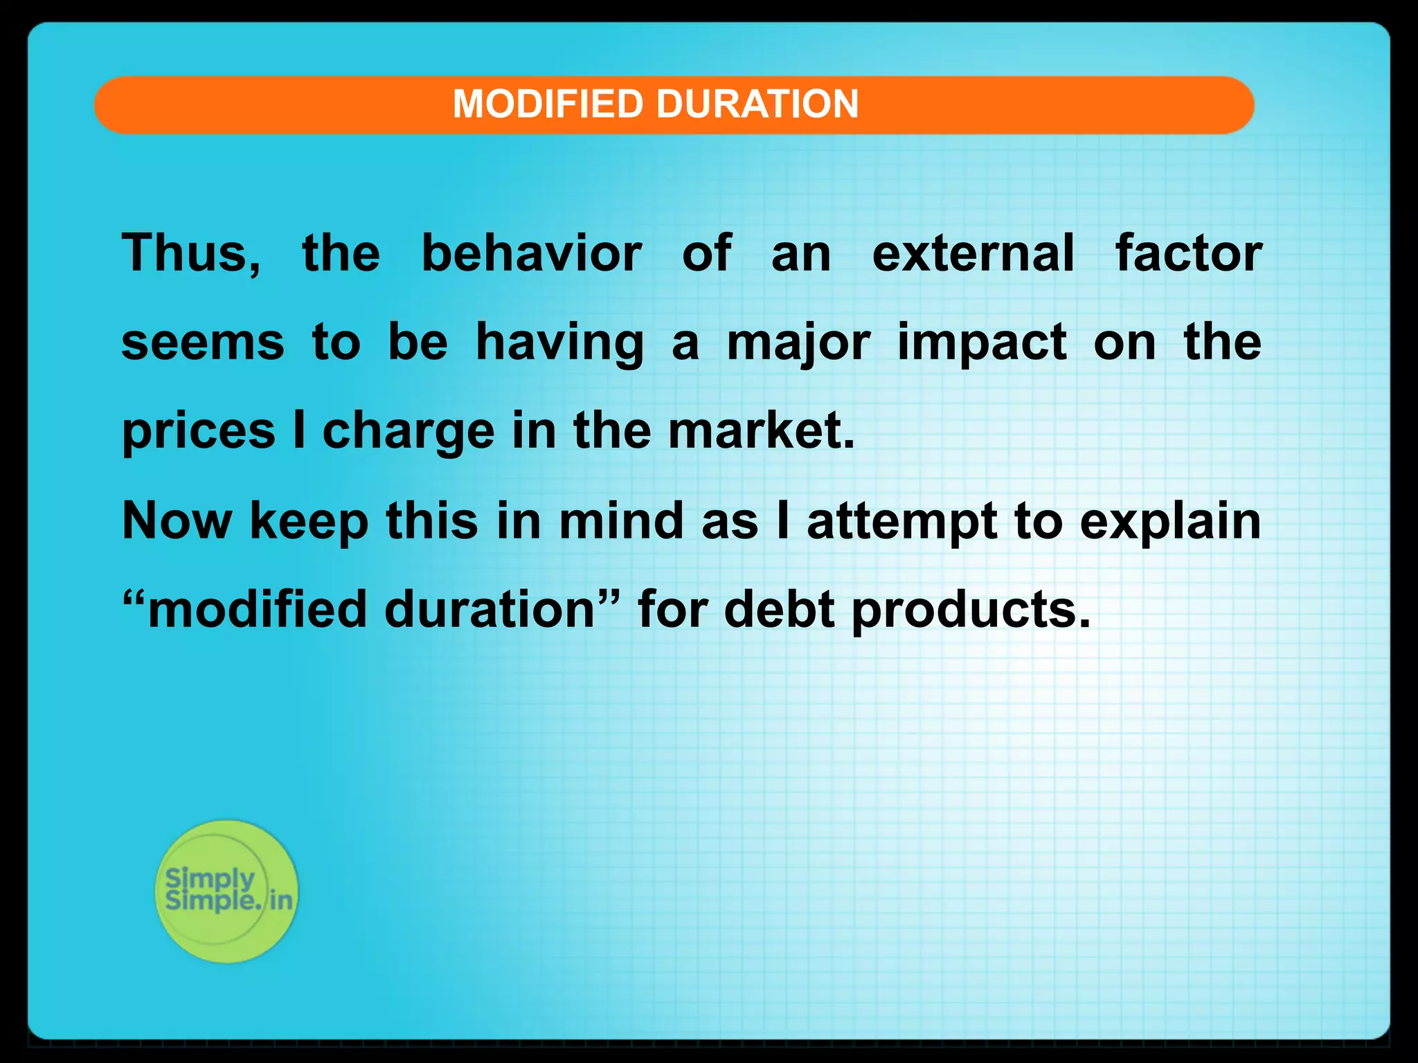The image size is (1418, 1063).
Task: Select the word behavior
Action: tap(531, 253)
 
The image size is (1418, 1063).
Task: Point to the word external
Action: tap(973, 253)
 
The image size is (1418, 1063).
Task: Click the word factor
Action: tap(1188, 253)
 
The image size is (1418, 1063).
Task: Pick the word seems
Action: tap(202, 342)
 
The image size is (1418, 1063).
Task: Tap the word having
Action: tap(559, 343)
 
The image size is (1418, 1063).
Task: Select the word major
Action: tap(798, 343)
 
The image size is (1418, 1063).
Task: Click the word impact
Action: tap(982, 343)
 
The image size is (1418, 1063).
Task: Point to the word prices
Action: tap(199, 432)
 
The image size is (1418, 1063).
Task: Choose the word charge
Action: tap(409, 432)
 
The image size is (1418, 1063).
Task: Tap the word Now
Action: tap(177, 520)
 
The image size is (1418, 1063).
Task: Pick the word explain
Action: tap(1170, 522)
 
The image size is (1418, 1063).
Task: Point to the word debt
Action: tap(779, 609)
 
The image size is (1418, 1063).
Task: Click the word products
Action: tap(970, 610)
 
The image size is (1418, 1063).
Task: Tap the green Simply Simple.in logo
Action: tap(226, 891)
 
